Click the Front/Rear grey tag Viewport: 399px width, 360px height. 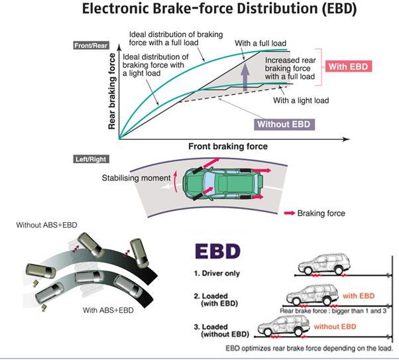click(x=91, y=46)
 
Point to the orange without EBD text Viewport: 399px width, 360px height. click(x=334, y=327)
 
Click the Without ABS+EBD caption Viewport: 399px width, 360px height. click(x=47, y=225)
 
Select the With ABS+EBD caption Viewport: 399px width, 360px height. click(x=111, y=310)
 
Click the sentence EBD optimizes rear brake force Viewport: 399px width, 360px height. click(x=309, y=347)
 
